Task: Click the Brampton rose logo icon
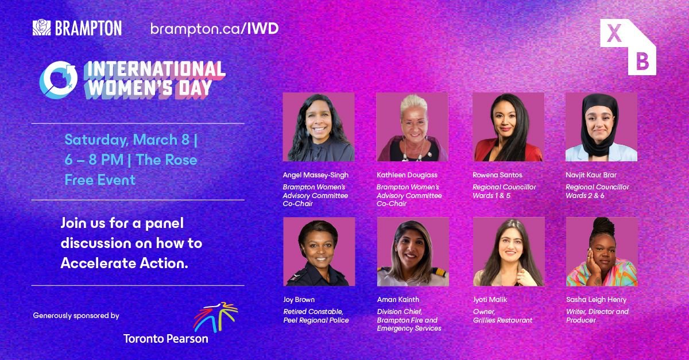click(x=42, y=28)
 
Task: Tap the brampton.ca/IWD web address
click(x=214, y=29)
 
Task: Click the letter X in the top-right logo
click(x=614, y=34)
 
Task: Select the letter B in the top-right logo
click(x=642, y=61)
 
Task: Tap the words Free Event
click(x=100, y=180)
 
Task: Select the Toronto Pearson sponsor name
click(x=165, y=338)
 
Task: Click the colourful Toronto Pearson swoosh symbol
click(x=215, y=317)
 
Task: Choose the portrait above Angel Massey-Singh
click(x=318, y=127)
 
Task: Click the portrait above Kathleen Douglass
click(x=412, y=127)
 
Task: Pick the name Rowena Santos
click(x=497, y=175)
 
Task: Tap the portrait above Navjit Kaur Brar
click(x=601, y=127)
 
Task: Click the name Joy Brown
click(x=299, y=300)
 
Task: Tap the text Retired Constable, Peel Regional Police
click(x=316, y=316)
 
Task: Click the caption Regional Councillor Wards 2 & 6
click(x=597, y=191)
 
